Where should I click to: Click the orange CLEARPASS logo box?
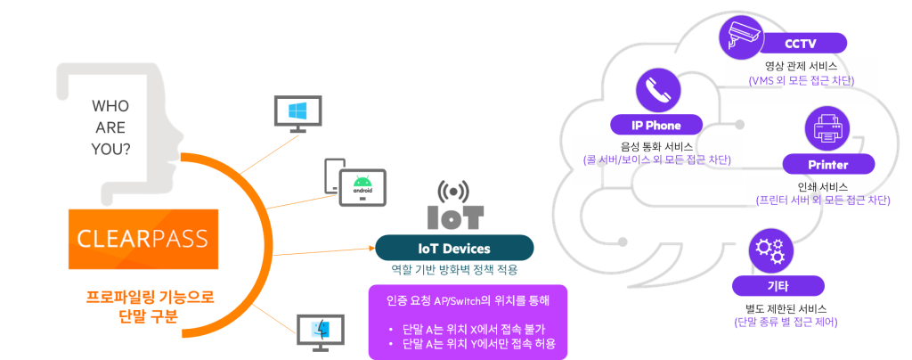142,239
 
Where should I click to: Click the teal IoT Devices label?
454,248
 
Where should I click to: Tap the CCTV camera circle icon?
741,36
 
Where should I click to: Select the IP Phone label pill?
656,125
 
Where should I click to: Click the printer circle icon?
827,130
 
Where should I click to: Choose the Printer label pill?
827,165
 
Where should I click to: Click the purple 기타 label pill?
770,286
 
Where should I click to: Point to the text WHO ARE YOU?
110,127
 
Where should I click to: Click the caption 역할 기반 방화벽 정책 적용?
454,268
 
